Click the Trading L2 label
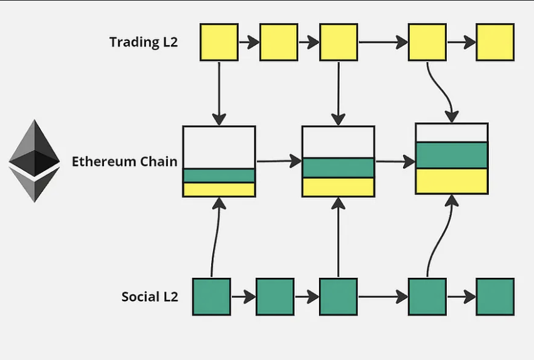[144, 42]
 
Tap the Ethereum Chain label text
[124, 161]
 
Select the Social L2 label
[150, 296]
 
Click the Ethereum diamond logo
[34, 161]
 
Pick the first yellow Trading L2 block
[219, 42]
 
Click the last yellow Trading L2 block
[495, 42]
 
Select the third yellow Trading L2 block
[338, 42]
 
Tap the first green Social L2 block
[212, 297]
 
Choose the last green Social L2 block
[495, 297]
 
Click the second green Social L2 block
[275, 297]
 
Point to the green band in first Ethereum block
[219, 176]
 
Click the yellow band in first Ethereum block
[219, 189]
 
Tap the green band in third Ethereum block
[452, 155]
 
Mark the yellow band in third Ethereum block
[452, 181]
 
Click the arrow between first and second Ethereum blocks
[278, 161]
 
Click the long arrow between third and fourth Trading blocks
[382, 43]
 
